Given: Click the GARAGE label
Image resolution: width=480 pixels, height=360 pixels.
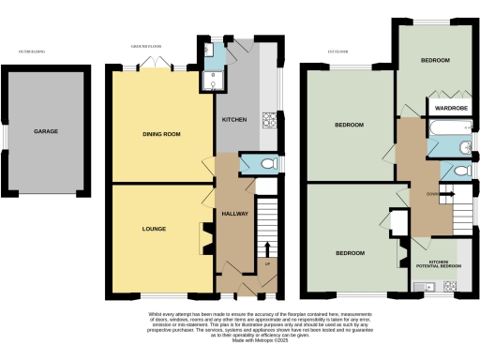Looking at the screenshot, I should click(47, 132).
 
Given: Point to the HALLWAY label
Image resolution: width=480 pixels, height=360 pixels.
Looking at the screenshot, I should click(234, 214).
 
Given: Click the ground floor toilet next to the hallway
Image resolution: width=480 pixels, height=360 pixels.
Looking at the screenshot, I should click(266, 164).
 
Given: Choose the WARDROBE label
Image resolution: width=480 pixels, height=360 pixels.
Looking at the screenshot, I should click(446, 108).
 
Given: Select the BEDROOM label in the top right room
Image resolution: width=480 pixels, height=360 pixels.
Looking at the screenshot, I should click(434, 60).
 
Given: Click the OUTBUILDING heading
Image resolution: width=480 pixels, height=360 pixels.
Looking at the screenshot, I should click(35, 50).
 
